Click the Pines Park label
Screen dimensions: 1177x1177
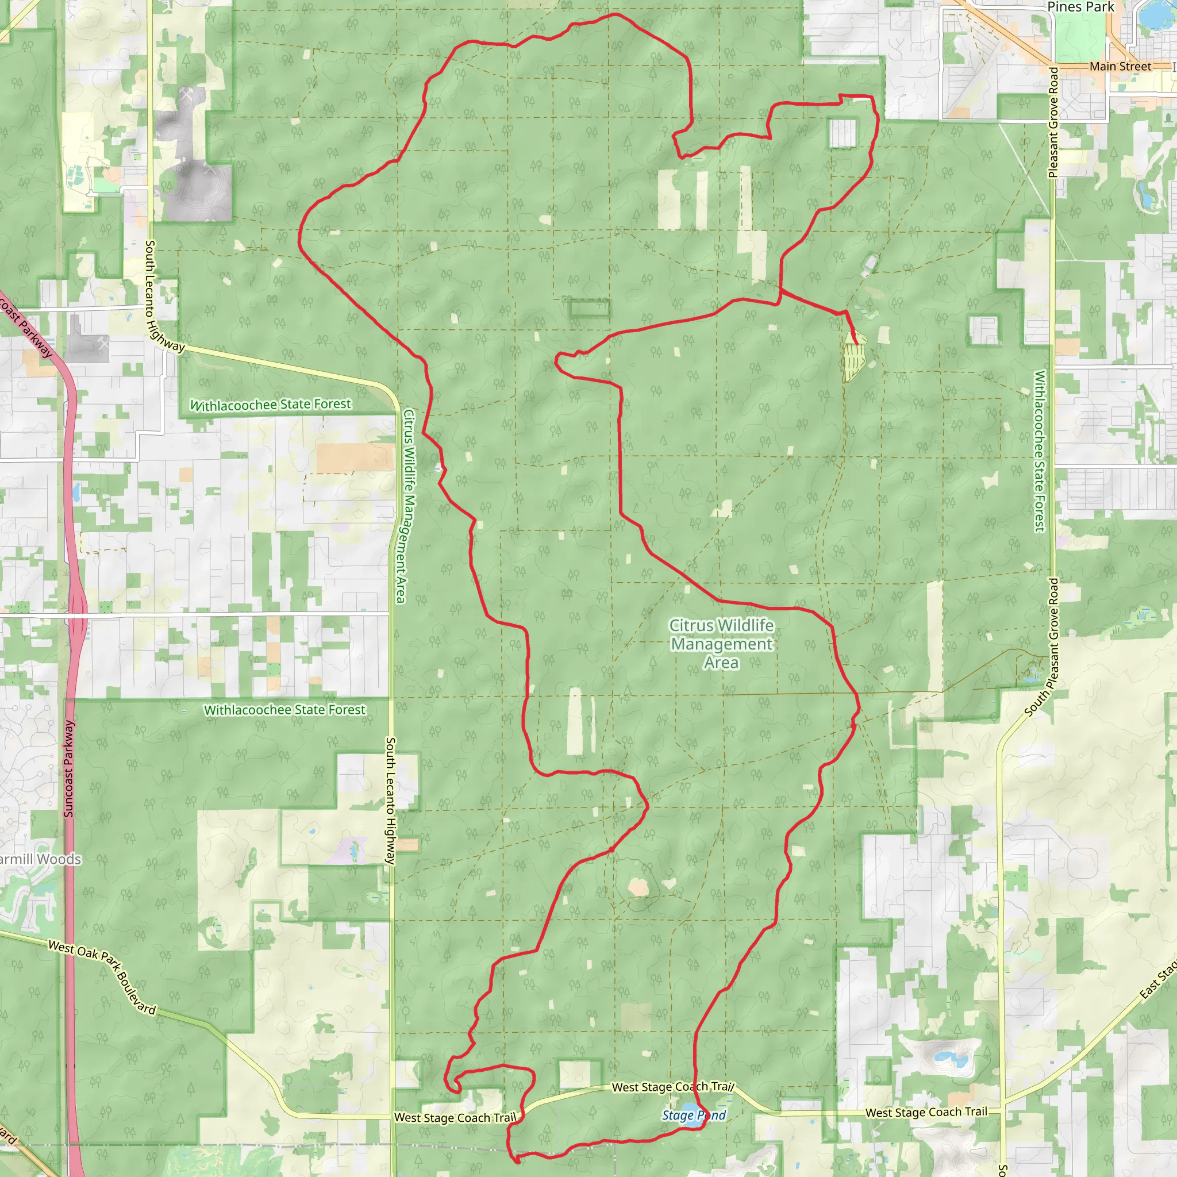[1080, 7]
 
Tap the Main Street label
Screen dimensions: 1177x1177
[1120, 67]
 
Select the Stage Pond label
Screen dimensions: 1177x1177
[693, 1116]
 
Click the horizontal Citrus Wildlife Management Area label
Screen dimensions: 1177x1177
[721, 643]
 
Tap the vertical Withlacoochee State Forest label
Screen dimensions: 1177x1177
[1039, 451]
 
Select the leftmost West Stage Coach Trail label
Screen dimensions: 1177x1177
[455, 1117]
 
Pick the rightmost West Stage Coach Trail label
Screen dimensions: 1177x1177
[926, 1112]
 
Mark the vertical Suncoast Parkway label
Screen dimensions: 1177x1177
[69, 768]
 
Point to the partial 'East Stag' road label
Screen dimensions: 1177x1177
[1157, 981]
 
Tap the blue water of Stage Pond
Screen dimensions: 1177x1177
[688, 1107]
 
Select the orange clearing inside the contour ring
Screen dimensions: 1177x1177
[638, 887]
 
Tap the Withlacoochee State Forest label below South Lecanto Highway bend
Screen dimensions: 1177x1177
[271, 405]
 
